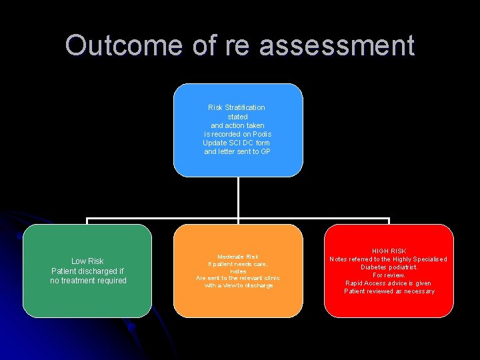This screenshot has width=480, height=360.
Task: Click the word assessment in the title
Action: point(337,45)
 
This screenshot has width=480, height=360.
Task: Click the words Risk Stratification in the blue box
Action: point(237,107)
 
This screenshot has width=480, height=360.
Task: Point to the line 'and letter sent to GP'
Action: point(237,152)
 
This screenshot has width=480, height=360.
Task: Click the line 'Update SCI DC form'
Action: point(237,143)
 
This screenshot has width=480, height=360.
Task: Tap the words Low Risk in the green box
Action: point(87,261)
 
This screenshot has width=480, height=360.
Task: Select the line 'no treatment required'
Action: point(88,281)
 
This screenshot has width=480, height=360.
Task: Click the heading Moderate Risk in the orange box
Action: point(238,257)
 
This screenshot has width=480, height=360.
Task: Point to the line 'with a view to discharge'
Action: point(238,285)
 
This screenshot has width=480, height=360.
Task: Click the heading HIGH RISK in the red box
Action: point(389,251)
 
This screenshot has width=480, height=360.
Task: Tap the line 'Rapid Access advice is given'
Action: point(389,283)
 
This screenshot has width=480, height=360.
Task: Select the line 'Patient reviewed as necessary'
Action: point(389,291)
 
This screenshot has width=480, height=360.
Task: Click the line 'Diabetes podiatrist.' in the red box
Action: point(389,267)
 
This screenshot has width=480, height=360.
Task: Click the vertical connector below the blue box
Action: point(238,198)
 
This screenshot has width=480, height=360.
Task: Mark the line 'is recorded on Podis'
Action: point(237,134)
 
